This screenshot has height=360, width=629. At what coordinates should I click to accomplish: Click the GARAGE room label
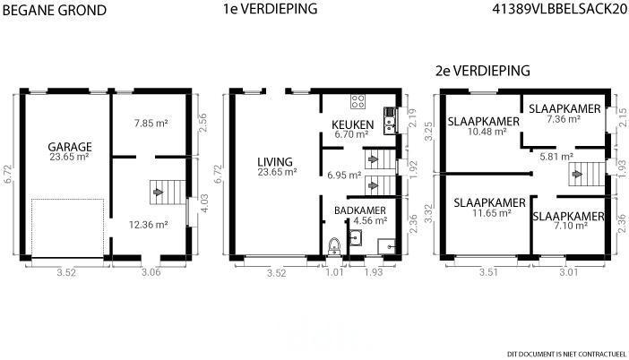point(70,147)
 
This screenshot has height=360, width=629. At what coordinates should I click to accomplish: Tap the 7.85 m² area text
point(151,123)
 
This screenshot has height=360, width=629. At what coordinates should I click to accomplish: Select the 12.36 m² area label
point(148,225)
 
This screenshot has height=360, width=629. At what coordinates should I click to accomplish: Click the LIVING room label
point(275,162)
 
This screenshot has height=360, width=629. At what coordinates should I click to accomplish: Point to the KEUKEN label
point(353,124)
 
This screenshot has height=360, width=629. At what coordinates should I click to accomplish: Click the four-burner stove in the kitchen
point(358,102)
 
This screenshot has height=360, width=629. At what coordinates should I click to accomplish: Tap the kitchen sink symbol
point(389,121)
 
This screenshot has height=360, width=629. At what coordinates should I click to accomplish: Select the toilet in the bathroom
point(333,246)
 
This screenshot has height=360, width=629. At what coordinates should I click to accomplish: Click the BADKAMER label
point(360,210)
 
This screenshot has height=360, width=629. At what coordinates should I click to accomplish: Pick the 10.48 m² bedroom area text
point(487,132)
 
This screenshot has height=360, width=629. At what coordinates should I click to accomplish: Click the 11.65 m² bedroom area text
point(491,213)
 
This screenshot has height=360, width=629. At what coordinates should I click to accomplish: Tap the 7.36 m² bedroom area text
point(564,119)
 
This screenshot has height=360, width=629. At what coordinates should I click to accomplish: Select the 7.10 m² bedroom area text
point(571,226)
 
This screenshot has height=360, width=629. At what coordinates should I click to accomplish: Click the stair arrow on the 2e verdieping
point(577,175)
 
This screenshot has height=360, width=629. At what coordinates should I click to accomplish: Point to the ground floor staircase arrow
point(159,192)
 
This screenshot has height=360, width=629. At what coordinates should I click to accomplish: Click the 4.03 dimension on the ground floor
point(203,203)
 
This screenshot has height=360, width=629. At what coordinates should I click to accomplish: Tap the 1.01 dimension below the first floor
point(335,272)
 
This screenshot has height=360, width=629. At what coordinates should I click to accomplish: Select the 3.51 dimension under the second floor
point(488,272)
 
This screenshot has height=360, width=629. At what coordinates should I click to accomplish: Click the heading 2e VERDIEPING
point(483,71)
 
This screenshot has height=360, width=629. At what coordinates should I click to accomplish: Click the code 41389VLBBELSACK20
point(560,9)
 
